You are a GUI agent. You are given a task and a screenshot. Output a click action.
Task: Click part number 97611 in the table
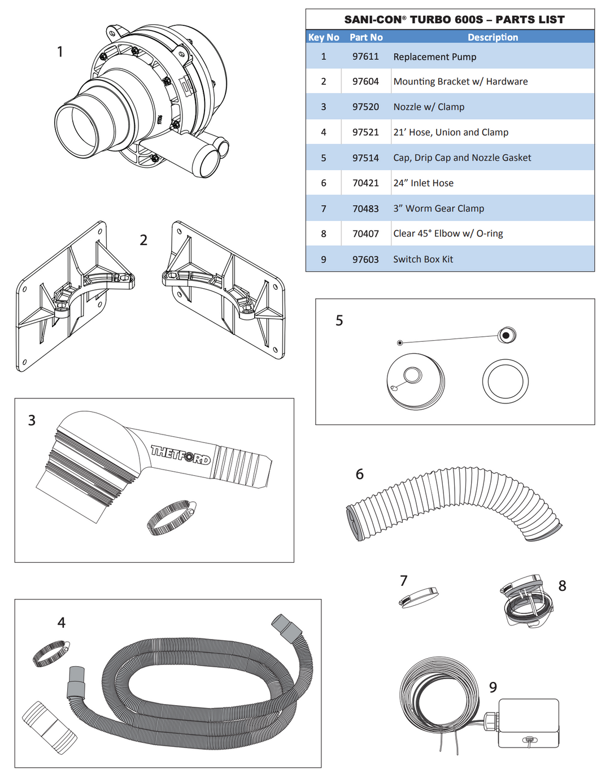click(x=365, y=56)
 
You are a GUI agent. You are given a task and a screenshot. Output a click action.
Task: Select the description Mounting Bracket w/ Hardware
click(x=460, y=81)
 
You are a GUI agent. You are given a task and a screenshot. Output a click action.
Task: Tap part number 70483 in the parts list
click(x=365, y=208)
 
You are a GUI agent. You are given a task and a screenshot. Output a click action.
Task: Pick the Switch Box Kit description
click(x=423, y=259)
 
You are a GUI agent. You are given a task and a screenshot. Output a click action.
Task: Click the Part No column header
click(x=366, y=37)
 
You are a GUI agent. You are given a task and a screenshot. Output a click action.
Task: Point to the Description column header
click(x=493, y=37)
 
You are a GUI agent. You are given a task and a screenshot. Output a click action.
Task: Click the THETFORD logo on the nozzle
click(x=180, y=454)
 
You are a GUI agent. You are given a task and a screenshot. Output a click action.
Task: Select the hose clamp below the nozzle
click(x=171, y=516)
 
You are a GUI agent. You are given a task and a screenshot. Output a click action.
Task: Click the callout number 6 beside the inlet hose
click(x=359, y=474)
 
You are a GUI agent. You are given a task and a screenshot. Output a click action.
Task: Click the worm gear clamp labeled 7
click(x=419, y=597)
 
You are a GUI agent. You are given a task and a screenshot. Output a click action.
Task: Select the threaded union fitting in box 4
click(x=49, y=728)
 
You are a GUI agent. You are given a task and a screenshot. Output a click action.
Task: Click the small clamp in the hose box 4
click(x=51, y=653)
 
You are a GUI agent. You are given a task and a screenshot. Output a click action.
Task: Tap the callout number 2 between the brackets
click(x=143, y=240)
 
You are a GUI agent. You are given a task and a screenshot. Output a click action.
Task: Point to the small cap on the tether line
click(x=506, y=335)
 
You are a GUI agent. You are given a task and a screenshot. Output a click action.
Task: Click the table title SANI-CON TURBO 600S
click(x=454, y=20)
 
